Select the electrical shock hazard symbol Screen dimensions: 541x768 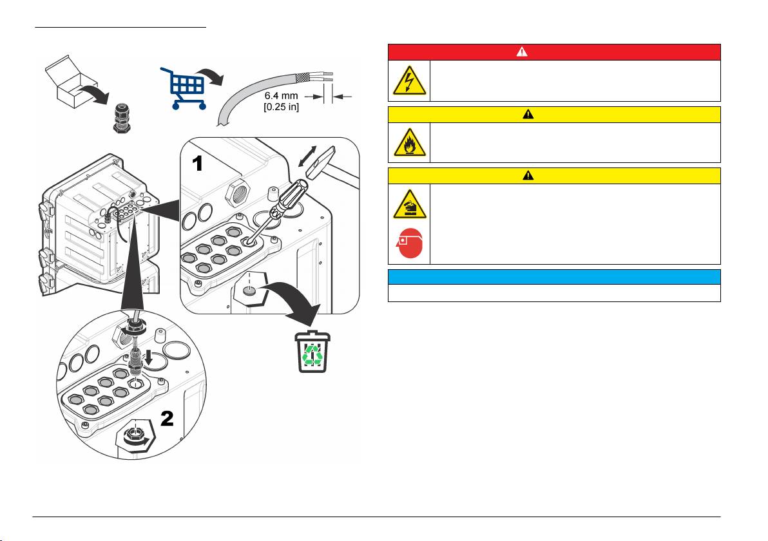coord(408,81)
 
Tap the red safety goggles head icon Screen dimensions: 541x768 coord(409,247)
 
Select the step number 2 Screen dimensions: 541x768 coord(167,419)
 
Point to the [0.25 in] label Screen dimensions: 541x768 coord(280,107)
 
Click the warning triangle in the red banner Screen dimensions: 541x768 coord(553,52)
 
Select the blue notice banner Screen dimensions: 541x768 coord(553,277)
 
